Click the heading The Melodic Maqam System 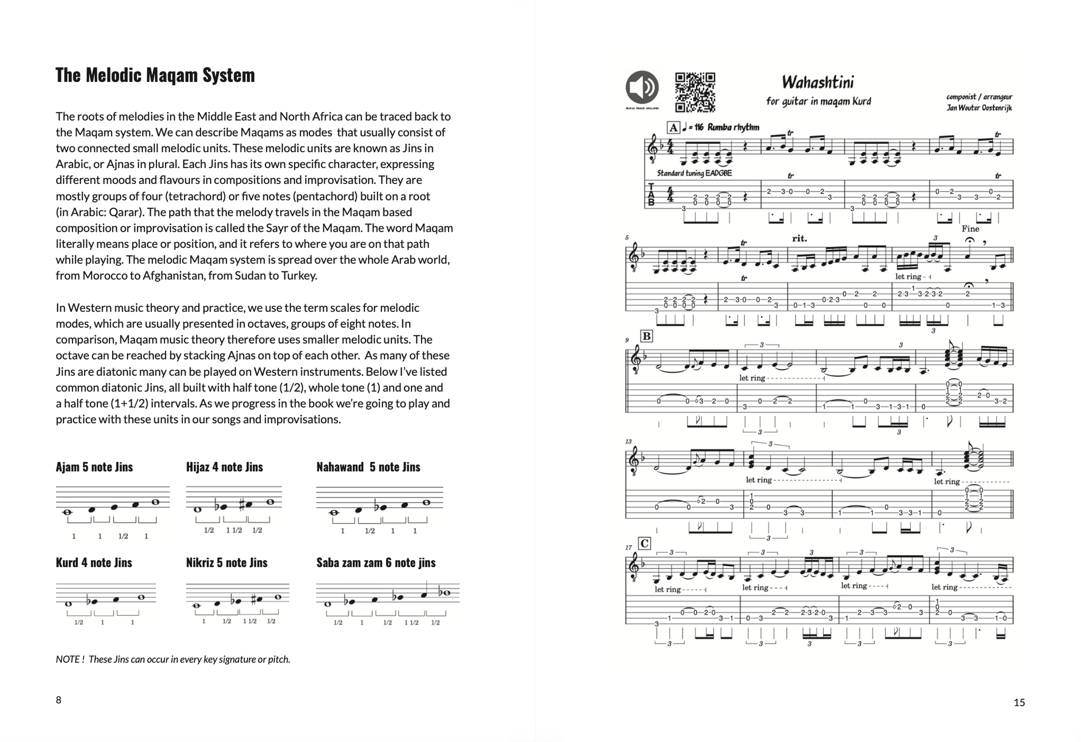[x=155, y=75]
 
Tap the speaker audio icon [x=642, y=87]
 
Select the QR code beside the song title [x=695, y=92]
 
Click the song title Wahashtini [x=818, y=82]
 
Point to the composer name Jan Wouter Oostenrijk [x=979, y=108]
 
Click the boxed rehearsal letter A [x=673, y=127]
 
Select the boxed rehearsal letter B [x=646, y=336]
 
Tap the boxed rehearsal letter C [x=644, y=543]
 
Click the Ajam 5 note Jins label [x=94, y=467]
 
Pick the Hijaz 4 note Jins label [x=224, y=467]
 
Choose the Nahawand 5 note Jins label [x=368, y=467]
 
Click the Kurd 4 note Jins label [x=94, y=563]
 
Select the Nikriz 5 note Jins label [x=226, y=563]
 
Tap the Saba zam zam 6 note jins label [x=376, y=563]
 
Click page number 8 [x=59, y=700]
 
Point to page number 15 [x=1019, y=703]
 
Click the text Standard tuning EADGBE [x=694, y=173]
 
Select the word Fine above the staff [x=970, y=229]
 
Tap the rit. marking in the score [x=800, y=238]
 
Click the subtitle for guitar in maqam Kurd [x=819, y=101]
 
